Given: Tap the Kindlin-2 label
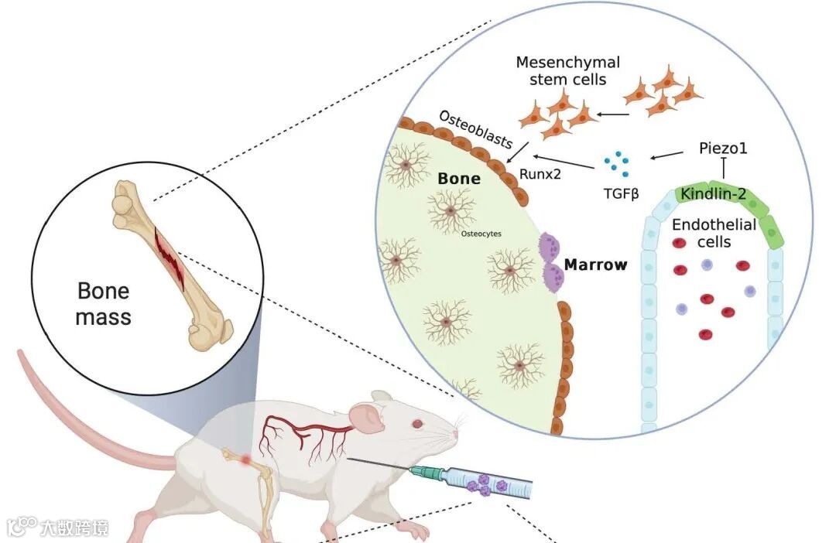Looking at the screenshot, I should click(714, 193).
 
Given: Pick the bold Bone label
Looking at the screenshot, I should click(459, 179).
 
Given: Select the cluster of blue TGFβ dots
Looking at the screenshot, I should click(616, 162).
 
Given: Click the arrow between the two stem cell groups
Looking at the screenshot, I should click(612, 115).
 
